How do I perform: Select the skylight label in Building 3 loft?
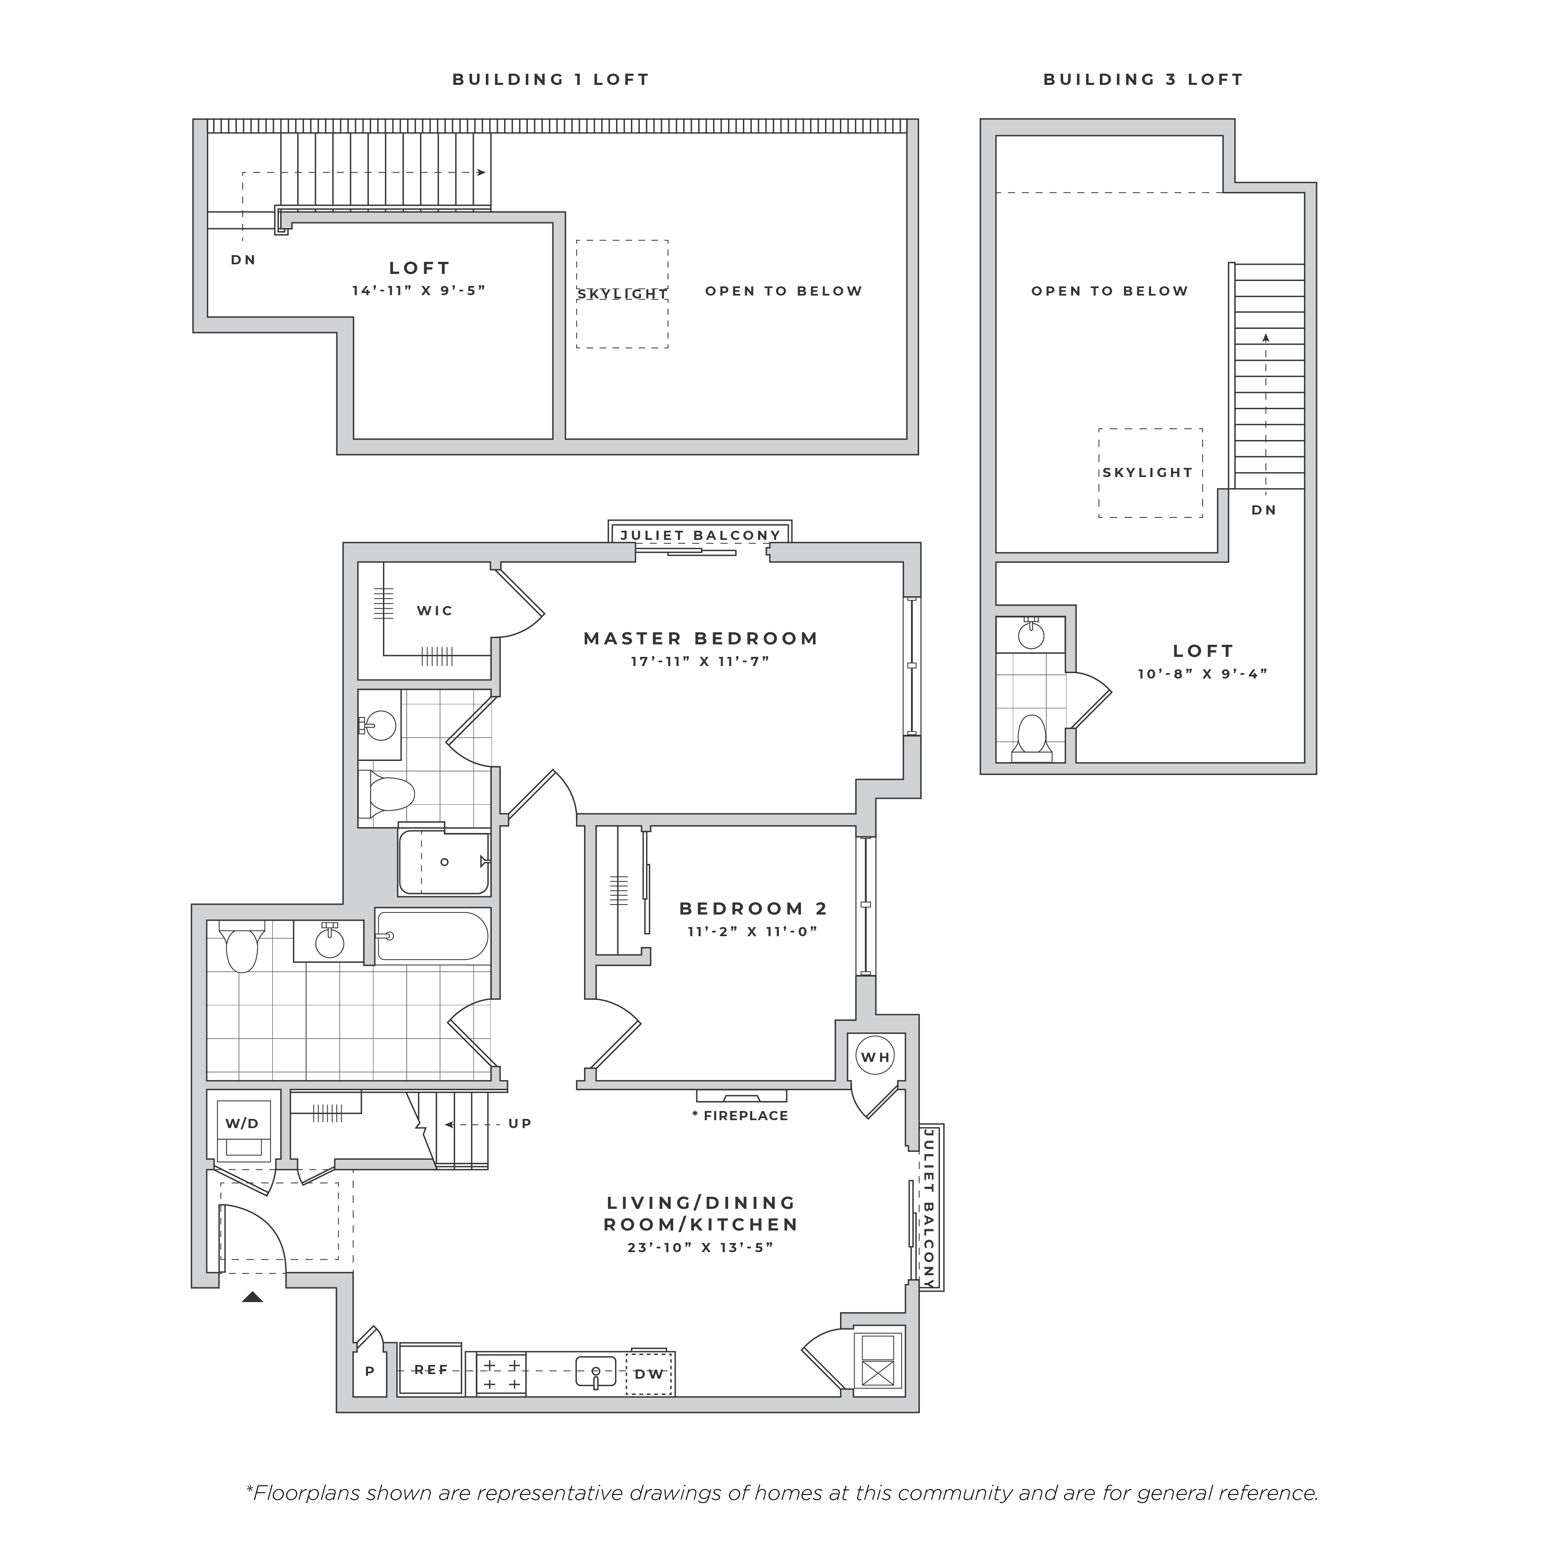(x=1147, y=472)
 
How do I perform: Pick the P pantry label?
(x=370, y=1371)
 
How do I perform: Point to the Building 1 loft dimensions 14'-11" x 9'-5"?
(x=418, y=290)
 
